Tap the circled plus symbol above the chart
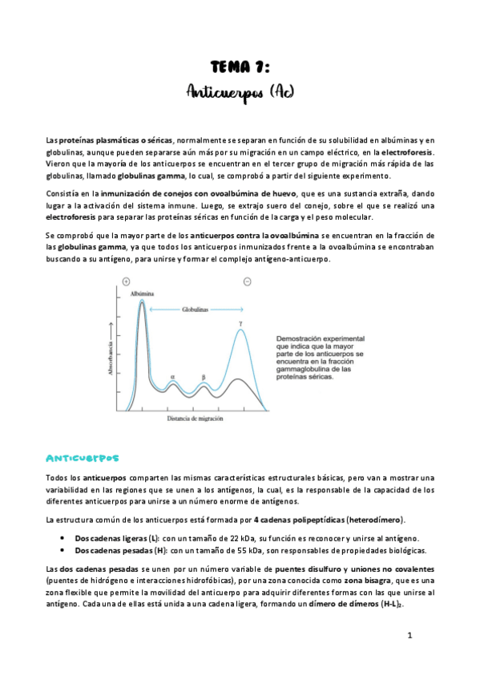tap(125, 281)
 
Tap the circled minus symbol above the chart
tap(247, 281)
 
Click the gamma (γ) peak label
tap(240, 325)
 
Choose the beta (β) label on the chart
tap(204, 376)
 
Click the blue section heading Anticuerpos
tap(83, 458)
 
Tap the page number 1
tap(409, 636)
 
